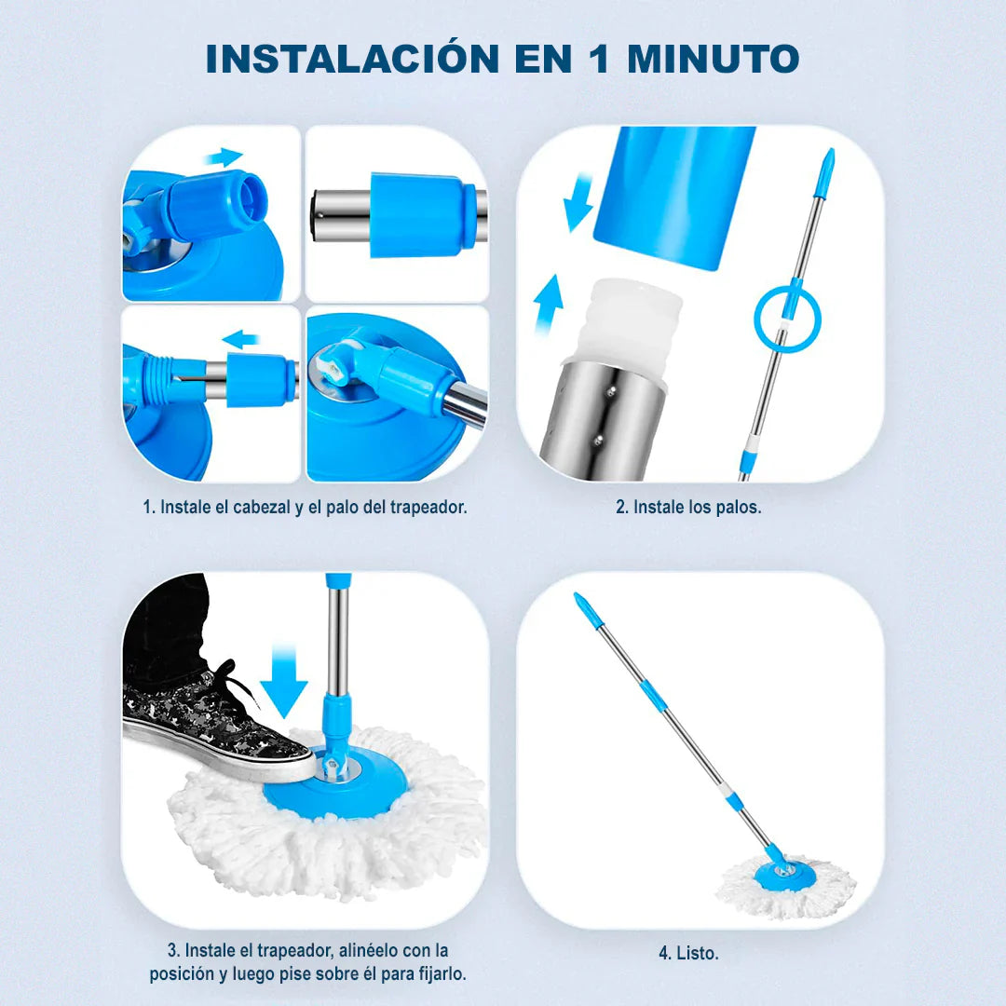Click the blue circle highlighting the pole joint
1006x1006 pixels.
tap(787, 319)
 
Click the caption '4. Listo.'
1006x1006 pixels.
tap(688, 953)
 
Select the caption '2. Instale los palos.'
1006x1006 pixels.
tap(688, 508)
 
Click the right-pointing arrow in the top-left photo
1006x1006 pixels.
tap(224, 156)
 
